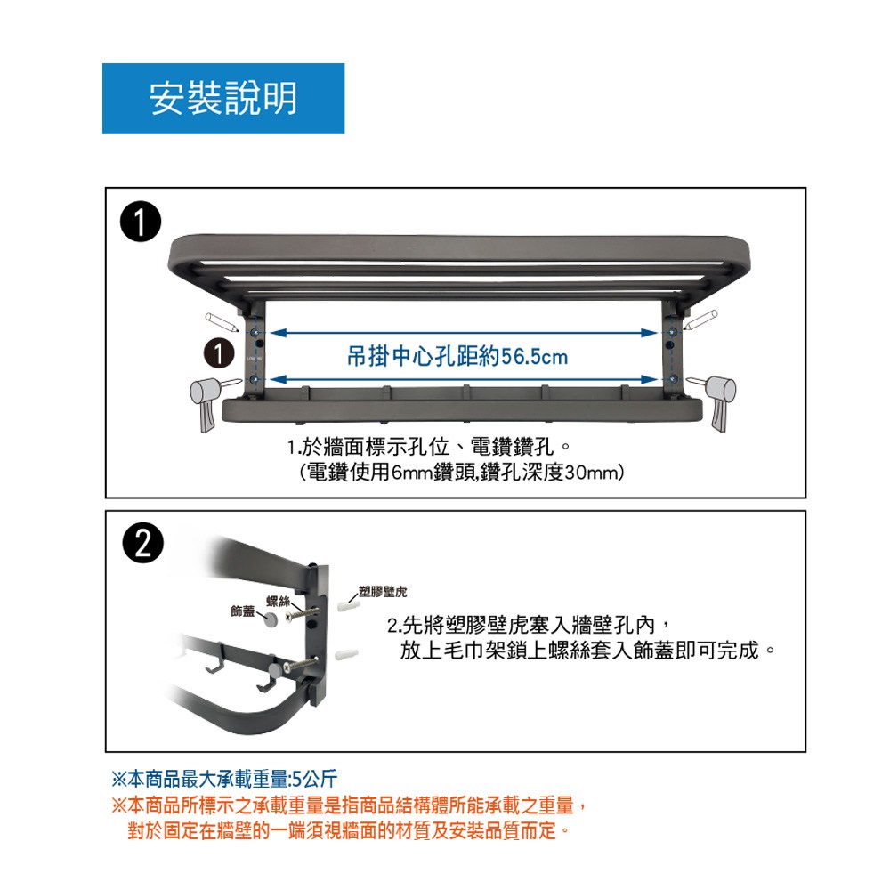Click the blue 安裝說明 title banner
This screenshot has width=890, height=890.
point(223,98)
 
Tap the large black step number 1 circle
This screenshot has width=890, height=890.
point(141,222)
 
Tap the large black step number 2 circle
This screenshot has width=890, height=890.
point(143,543)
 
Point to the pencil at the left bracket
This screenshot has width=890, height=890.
point(222,322)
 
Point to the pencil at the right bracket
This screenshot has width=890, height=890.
point(700,320)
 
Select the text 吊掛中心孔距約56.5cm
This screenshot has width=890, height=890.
point(457,357)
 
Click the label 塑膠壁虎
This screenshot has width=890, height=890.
point(383,592)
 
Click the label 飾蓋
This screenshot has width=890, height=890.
point(242,611)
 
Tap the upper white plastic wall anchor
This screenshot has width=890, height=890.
point(348,606)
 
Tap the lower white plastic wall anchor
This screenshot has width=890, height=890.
point(347,655)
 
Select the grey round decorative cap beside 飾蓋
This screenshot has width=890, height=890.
point(271,619)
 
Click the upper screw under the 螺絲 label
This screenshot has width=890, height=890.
point(302,613)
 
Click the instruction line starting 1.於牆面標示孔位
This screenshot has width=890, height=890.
point(429,448)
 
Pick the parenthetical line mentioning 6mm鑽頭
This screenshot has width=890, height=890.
point(461,473)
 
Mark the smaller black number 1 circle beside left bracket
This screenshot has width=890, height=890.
point(219,353)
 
